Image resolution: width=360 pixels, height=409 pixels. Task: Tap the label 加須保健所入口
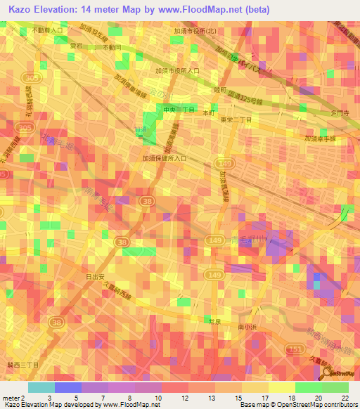[x=165, y=159]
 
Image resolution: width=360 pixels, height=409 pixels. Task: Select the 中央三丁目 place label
[x=179, y=110]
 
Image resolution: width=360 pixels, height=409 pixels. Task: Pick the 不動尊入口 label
[x=47, y=32]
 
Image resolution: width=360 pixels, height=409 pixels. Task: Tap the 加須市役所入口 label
[x=178, y=71]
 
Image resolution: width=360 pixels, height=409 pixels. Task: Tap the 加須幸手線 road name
[x=321, y=139]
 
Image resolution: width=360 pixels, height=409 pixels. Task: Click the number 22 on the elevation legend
[x=345, y=397]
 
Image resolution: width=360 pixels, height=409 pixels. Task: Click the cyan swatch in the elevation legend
[x=41, y=387]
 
